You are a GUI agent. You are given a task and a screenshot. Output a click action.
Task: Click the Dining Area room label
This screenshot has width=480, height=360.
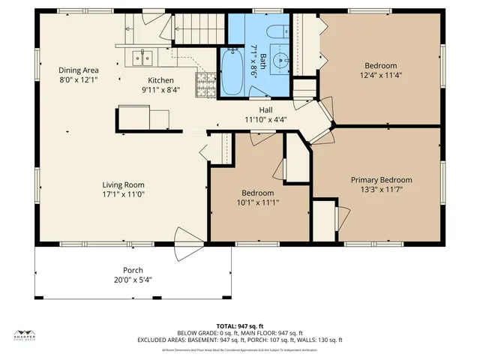coord(79,70)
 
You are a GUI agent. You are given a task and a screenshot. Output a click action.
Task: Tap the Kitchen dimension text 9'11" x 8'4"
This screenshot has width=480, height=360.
coord(160,90)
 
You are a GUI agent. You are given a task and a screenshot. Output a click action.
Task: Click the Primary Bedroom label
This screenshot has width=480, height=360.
coord(382,180)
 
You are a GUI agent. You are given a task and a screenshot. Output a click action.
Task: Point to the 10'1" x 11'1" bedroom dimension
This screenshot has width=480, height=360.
coord(258,202)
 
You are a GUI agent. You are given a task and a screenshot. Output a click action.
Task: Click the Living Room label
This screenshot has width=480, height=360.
coord(124,184)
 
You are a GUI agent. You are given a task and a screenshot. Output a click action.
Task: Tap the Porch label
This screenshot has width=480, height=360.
coord(133,270)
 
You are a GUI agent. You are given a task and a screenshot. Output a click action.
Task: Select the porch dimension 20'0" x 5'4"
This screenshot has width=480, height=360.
coord(133,280)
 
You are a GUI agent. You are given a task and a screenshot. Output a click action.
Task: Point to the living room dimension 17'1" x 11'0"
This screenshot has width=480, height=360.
coord(124,194)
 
